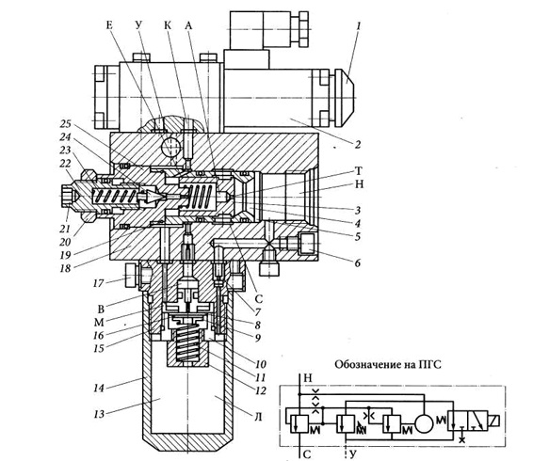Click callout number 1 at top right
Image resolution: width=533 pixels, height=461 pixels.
coord(358,25)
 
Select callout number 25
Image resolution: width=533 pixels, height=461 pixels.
coord(66,123)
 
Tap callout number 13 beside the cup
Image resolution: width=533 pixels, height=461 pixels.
coord(99,414)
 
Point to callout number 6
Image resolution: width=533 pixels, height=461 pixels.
coord(357,262)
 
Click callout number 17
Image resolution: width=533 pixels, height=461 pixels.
coord(98,282)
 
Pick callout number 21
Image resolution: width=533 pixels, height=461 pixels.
coord(65,229)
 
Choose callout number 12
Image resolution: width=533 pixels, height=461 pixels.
coord(261,390)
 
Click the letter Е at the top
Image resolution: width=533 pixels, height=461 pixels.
coord(109,24)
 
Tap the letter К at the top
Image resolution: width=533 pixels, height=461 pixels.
coord(168,24)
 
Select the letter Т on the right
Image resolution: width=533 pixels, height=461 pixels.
coord(358,170)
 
